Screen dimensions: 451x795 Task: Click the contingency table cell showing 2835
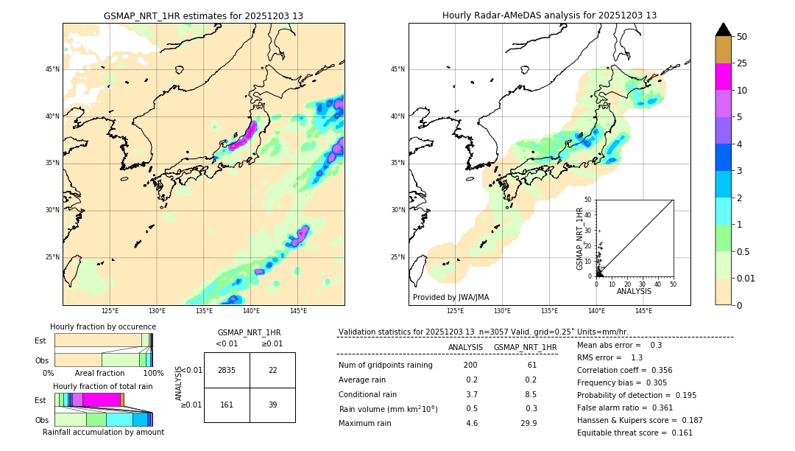point(227,370)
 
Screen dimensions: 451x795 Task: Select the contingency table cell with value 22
point(272,370)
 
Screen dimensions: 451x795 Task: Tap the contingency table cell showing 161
point(227,405)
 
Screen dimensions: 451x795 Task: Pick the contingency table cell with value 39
point(272,405)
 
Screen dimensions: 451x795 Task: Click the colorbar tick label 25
point(742,63)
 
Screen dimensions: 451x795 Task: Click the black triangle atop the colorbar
point(724,29)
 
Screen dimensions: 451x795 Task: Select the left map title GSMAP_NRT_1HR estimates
point(203,15)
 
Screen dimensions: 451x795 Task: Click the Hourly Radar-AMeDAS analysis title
point(549,15)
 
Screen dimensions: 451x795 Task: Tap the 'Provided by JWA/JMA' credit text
point(451,297)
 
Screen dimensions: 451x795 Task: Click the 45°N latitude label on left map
point(52,69)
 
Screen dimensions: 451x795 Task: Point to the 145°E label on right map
point(643,311)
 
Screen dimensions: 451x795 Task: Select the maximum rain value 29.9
point(529,423)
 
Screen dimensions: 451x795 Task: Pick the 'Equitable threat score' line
point(635,433)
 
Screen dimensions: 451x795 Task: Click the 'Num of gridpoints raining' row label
point(386,366)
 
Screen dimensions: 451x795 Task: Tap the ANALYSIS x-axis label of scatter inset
point(634,291)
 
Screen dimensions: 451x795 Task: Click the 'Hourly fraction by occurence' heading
point(103,326)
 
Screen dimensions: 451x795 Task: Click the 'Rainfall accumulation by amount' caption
point(103,432)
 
